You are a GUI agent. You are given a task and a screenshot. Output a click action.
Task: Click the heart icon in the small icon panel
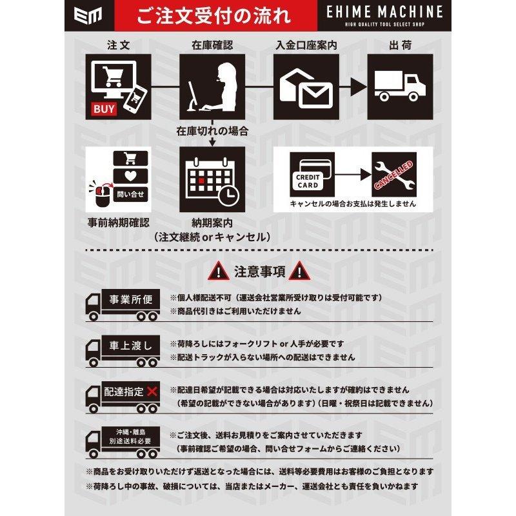(x=130, y=175)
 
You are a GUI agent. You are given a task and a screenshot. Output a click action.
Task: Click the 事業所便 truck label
(x=130, y=301)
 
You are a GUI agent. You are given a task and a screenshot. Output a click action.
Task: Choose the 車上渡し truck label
(x=130, y=346)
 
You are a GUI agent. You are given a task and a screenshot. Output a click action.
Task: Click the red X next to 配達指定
(x=152, y=392)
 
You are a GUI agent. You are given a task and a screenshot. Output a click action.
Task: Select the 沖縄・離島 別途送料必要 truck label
(x=130, y=437)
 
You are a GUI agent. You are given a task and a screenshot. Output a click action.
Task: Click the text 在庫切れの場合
(x=212, y=131)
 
